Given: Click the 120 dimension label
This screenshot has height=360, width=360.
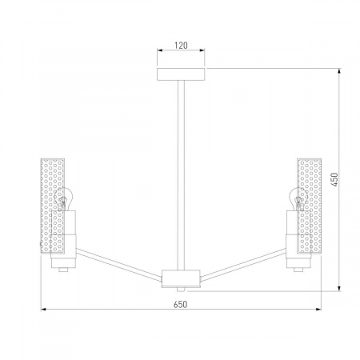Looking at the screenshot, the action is (x=181, y=46).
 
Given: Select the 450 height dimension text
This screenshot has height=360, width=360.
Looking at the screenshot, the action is (x=334, y=180).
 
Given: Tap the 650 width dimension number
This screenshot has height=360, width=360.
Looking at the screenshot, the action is (x=181, y=304).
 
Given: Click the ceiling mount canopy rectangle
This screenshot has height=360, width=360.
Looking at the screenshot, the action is (x=181, y=74).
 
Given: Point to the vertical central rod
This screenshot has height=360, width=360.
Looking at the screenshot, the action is (x=181, y=175).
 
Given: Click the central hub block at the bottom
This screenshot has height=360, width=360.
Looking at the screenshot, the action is (x=181, y=278).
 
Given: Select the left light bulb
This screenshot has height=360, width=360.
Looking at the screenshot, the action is (x=63, y=199).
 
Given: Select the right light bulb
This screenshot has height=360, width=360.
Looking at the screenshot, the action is (x=298, y=199).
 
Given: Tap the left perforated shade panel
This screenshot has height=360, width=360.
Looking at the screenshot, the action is (x=53, y=206).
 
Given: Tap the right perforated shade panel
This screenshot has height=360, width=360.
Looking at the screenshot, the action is (x=310, y=206).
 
